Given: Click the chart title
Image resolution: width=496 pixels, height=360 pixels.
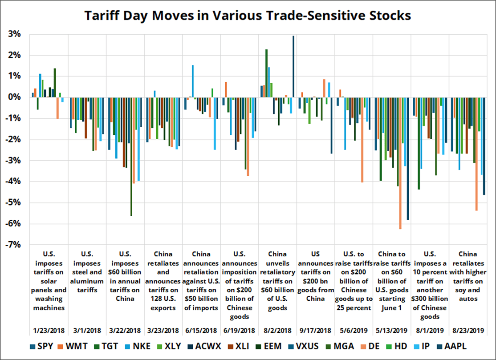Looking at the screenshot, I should pos(248,16).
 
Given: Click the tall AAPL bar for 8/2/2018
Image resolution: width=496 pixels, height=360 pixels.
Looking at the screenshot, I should pos(293,67).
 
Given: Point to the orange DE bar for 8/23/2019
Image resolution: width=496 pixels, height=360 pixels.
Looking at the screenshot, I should pos(476,154).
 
